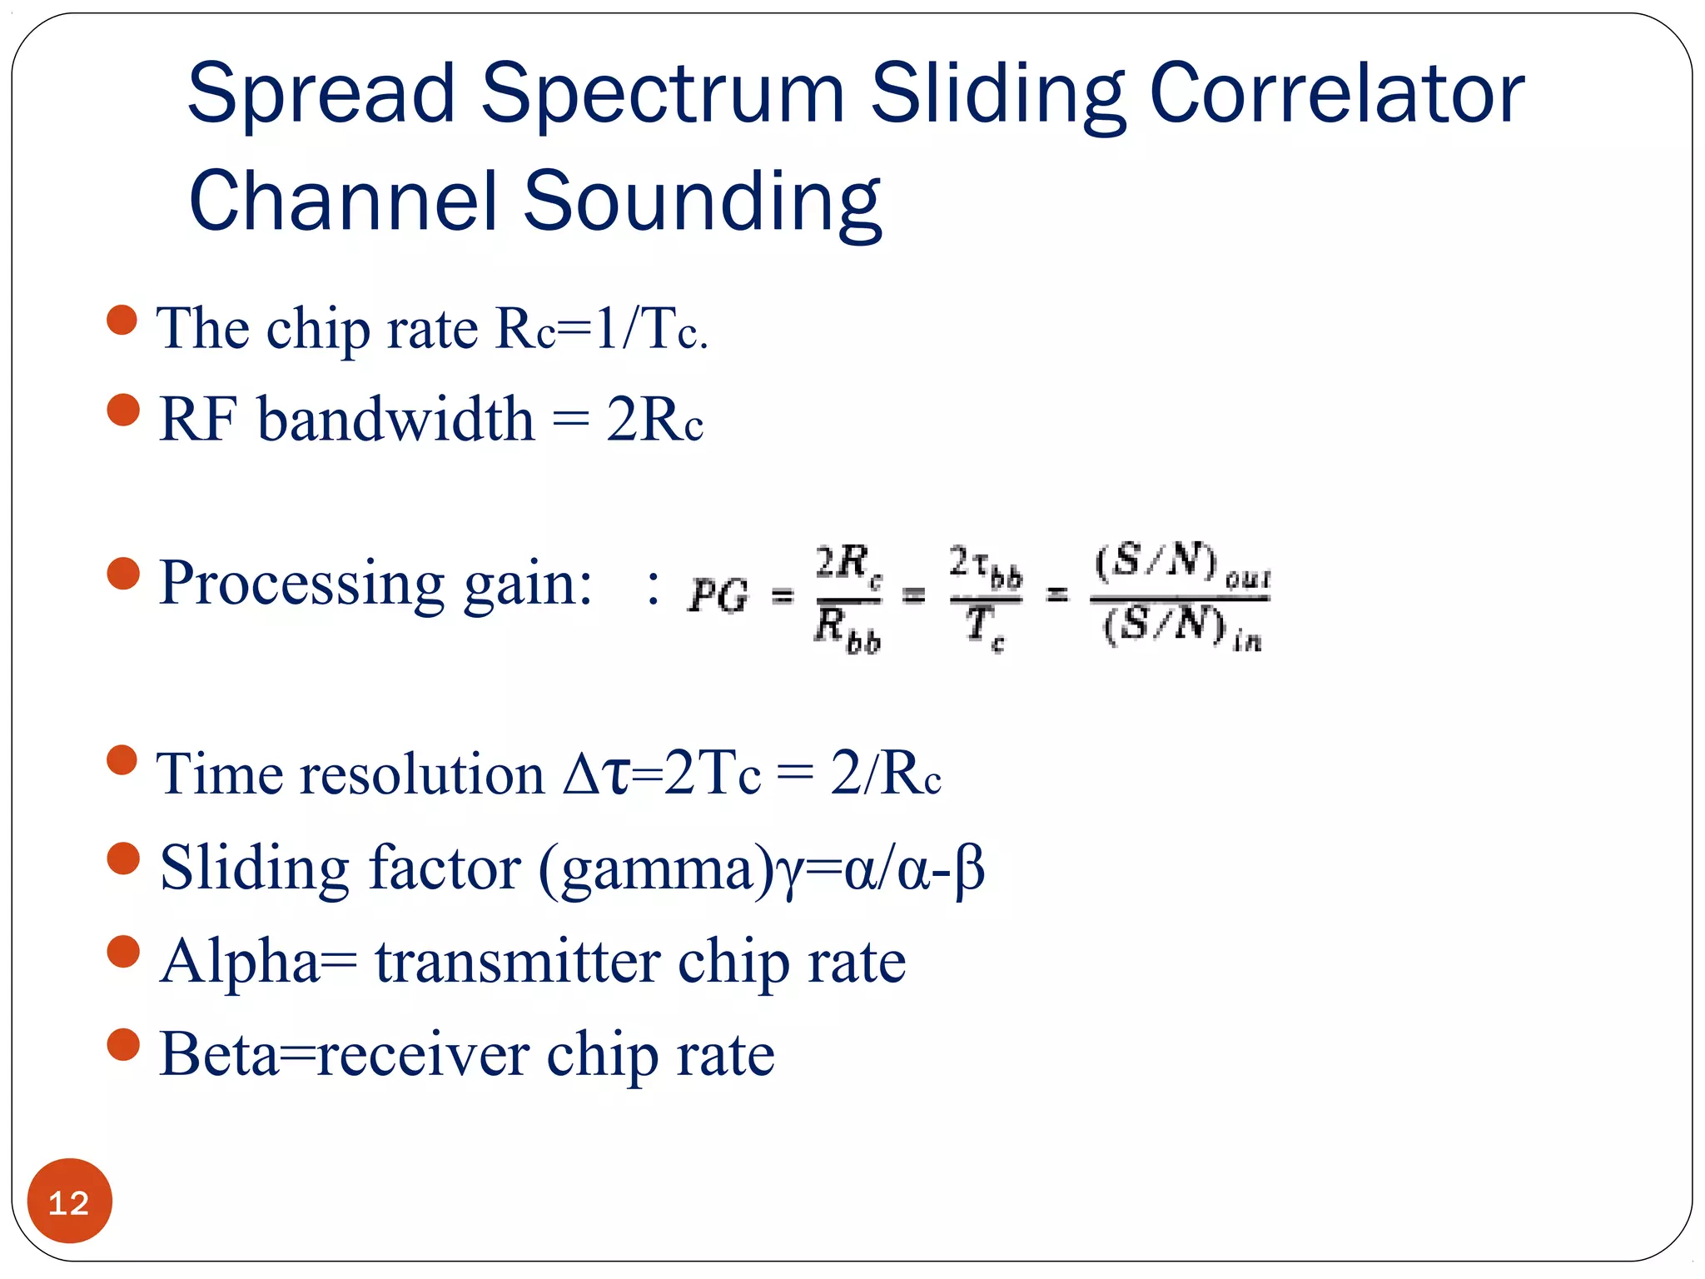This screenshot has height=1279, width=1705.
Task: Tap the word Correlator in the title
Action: tap(1336, 93)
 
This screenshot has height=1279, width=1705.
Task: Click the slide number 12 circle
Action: tap(69, 1201)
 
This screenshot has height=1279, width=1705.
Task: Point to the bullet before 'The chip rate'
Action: tap(122, 320)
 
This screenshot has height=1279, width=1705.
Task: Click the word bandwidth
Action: tap(395, 419)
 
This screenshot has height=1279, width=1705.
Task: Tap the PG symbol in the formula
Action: tap(718, 595)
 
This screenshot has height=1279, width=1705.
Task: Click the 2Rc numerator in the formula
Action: tap(848, 563)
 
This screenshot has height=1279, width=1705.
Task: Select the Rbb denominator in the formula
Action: tap(847, 629)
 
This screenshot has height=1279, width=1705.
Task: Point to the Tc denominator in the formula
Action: tap(985, 626)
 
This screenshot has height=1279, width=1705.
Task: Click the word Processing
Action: tap(301, 583)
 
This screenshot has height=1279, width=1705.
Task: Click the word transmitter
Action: tap(516, 963)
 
